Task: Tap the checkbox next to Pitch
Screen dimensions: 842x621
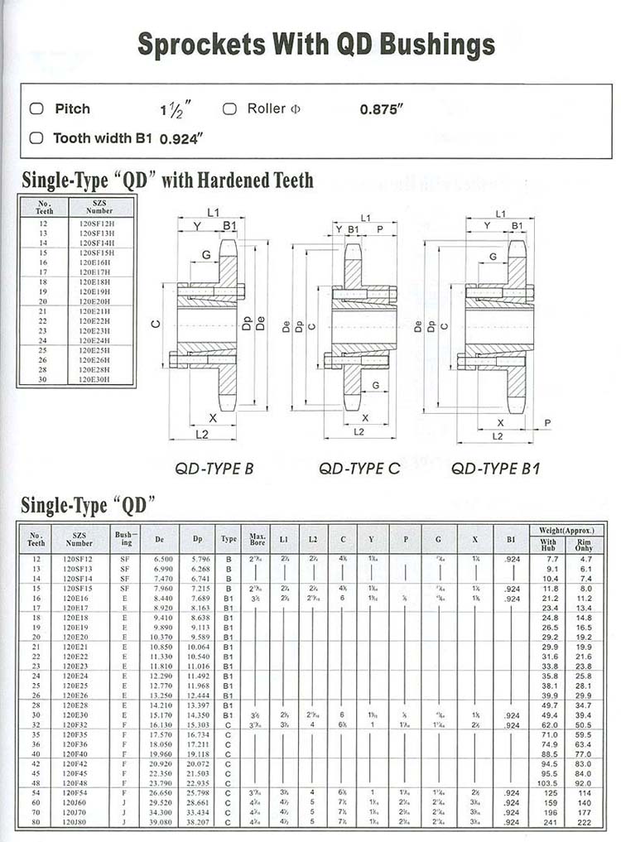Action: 36,108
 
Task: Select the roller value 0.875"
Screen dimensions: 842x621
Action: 381,109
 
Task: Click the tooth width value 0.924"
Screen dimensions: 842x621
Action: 181,138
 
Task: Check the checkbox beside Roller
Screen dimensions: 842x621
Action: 230,108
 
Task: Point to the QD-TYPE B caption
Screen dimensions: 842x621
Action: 214,469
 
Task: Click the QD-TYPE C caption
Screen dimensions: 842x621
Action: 359,469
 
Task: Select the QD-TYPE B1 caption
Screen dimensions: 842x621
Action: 495,469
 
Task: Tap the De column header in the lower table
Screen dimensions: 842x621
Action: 159,539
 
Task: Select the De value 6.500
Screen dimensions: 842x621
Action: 159,560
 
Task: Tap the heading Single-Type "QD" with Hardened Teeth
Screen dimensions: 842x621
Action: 167,180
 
